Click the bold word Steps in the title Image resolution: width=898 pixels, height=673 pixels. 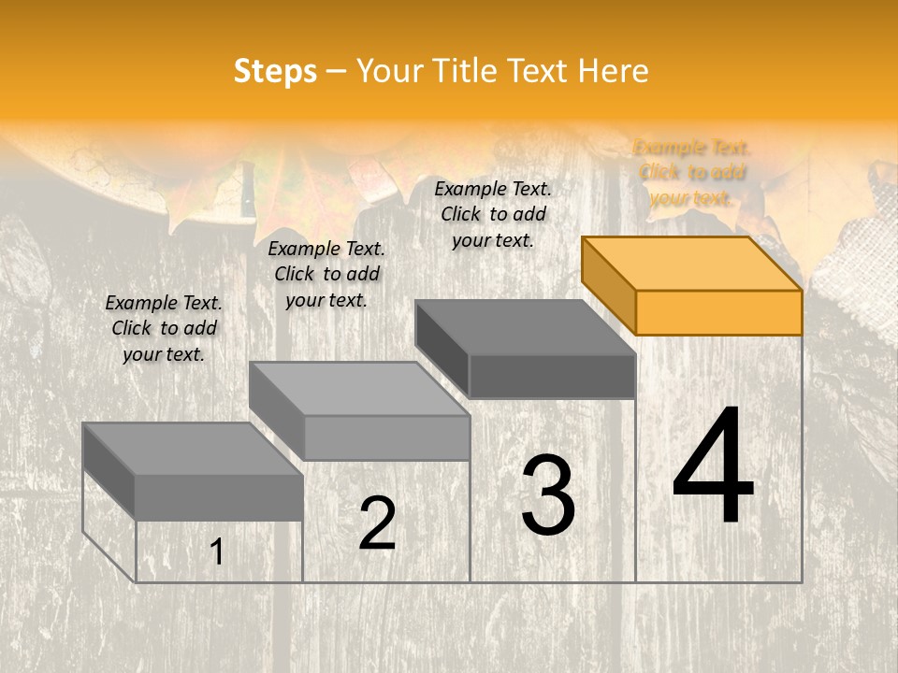coord(275,71)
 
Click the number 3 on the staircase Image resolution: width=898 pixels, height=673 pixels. coord(548,495)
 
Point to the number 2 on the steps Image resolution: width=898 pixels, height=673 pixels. coord(378,523)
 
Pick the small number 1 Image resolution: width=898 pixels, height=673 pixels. coord(217,552)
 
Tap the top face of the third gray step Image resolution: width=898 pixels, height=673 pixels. coord(525,327)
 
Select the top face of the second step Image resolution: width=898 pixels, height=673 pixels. coord(359,389)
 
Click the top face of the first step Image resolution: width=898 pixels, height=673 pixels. coord(193,449)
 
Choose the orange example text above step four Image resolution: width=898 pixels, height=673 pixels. coord(692,173)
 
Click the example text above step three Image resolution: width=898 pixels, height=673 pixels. coord(493,214)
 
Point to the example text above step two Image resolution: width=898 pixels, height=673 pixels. coord(326,274)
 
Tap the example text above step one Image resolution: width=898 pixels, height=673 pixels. coord(164,328)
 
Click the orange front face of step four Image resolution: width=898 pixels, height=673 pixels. coord(718,312)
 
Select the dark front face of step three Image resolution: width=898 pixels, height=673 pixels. coord(552,377)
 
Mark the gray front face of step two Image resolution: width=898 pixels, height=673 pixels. coord(386,437)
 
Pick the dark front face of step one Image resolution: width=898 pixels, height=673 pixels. coord(219,497)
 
